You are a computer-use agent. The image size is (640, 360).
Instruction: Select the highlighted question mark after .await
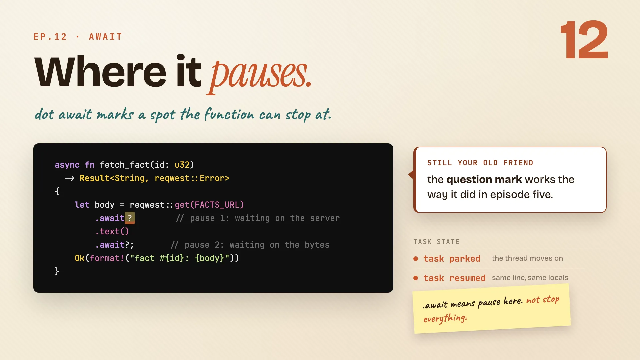(130, 218)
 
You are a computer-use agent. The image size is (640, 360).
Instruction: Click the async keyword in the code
(67, 165)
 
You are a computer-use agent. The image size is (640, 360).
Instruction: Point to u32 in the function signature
(182, 165)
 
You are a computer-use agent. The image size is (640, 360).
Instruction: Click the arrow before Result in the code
(70, 178)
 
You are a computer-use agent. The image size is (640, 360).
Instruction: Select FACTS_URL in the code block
(219, 205)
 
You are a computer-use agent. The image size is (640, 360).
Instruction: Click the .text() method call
(112, 231)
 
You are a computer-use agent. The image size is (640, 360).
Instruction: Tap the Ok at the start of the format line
(80, 258)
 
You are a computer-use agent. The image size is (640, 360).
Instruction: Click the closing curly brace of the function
(57, 271)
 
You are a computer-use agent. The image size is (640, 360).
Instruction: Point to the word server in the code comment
(325, 218)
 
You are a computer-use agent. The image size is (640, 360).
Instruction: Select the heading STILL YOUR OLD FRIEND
(480, 163)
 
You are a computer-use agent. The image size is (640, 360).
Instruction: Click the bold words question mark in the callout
(484, 179)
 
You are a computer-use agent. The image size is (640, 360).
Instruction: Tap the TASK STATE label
(436, 242)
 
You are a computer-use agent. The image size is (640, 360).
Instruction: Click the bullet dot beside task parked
(416, 259)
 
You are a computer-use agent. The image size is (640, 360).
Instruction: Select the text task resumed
(454, 278)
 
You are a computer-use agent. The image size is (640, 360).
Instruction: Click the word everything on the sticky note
(445, 318)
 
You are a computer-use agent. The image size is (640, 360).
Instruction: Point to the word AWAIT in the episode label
(106, 37)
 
